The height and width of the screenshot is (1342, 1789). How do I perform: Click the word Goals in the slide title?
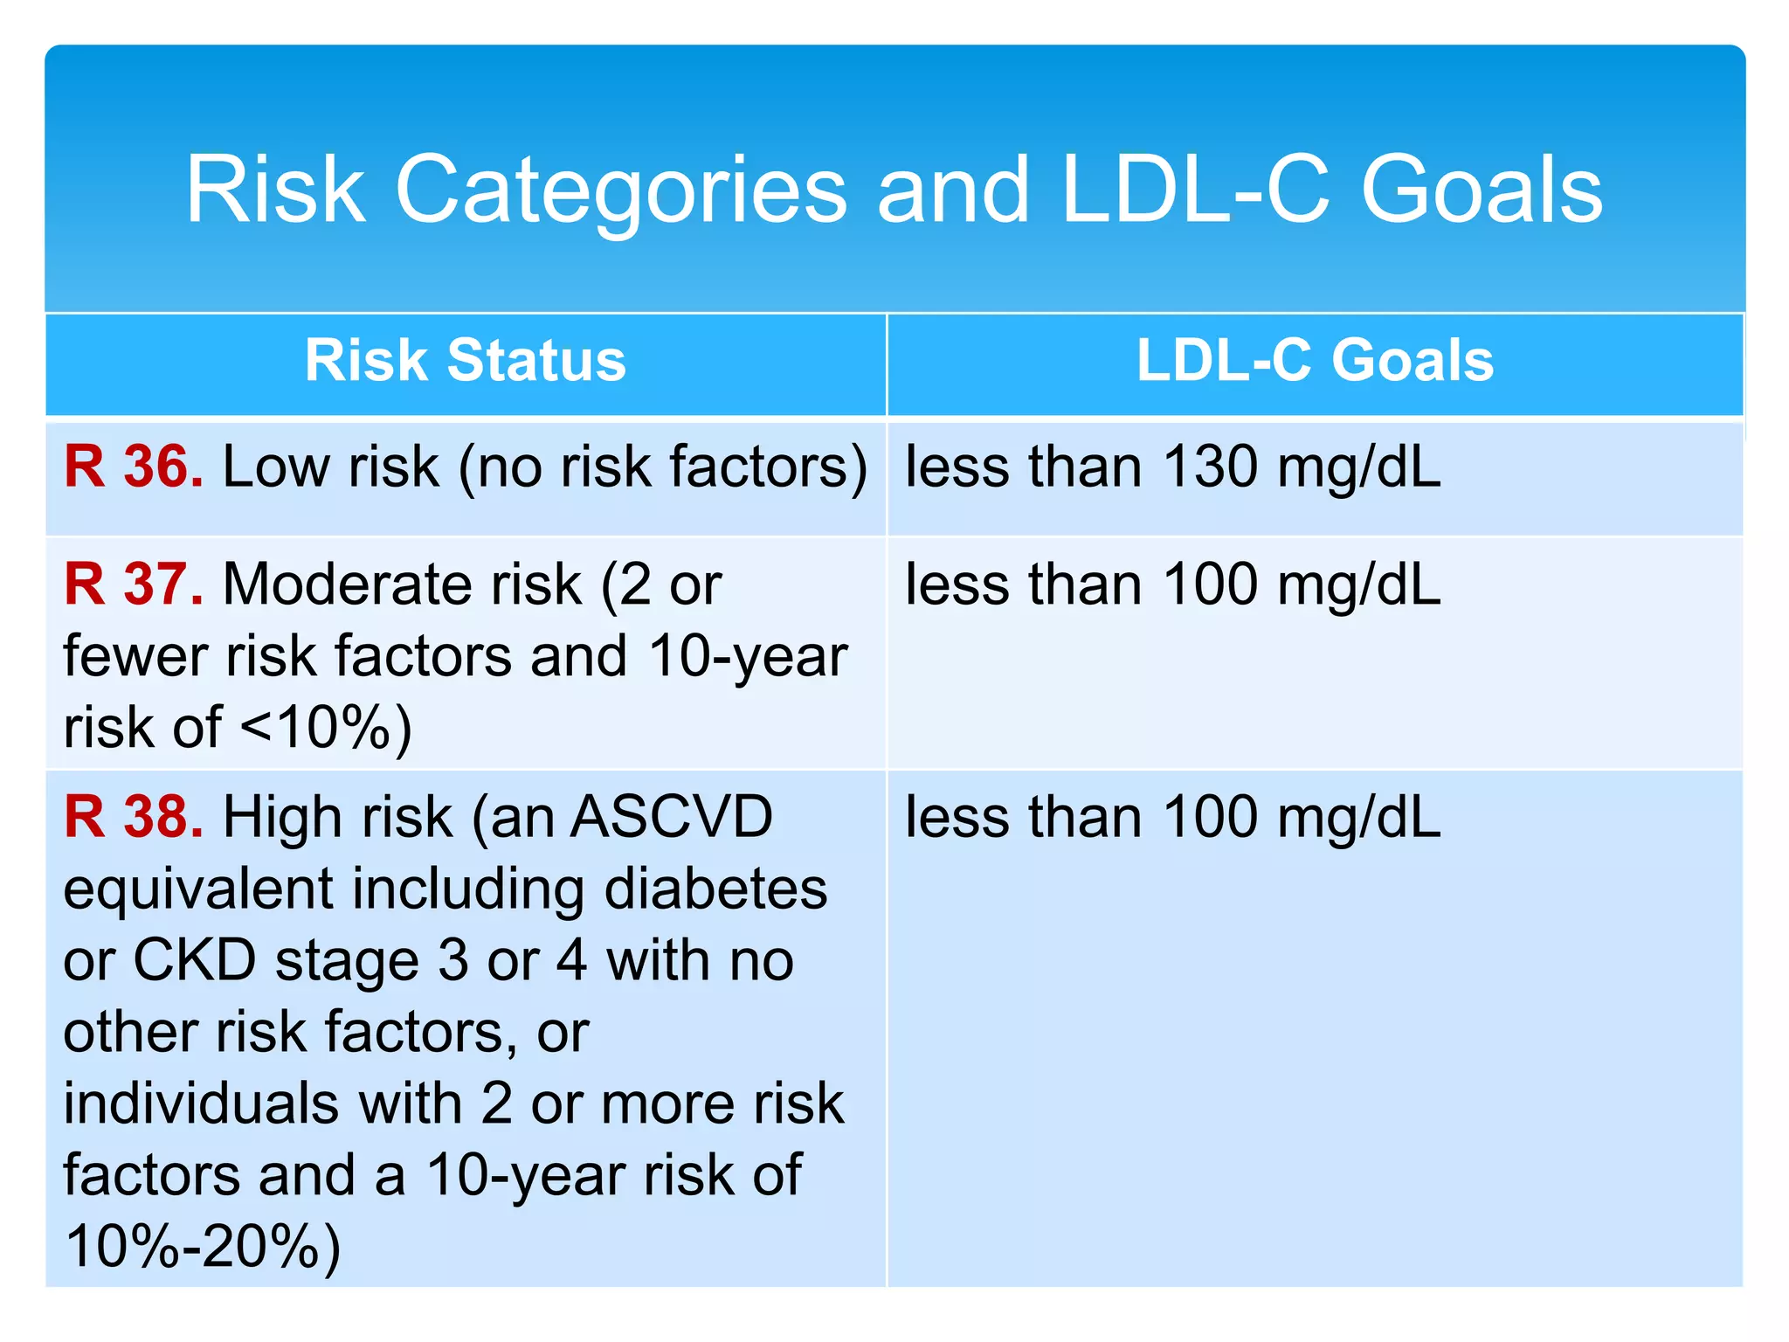pos(1482,190)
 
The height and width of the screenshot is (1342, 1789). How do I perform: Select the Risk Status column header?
pos(466,360)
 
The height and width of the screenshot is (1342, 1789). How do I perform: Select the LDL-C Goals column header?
pos(1315,360)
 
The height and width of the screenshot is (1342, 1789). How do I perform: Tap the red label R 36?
pos(134,467)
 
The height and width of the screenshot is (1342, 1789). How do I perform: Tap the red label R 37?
pos(134,584)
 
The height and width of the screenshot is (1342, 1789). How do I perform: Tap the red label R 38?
pos(134,817)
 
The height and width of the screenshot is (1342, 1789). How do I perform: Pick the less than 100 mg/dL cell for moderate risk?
pos(1172,584)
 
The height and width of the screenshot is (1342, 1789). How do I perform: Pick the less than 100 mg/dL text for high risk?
pos(1172,817)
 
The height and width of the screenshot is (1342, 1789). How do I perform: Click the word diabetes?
pos(715,889)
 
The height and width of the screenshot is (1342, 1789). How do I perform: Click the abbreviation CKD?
pos(194,960)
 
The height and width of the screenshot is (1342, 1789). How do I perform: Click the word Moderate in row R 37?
pos(402,584)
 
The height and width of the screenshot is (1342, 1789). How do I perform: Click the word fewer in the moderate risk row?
pos(135,656)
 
